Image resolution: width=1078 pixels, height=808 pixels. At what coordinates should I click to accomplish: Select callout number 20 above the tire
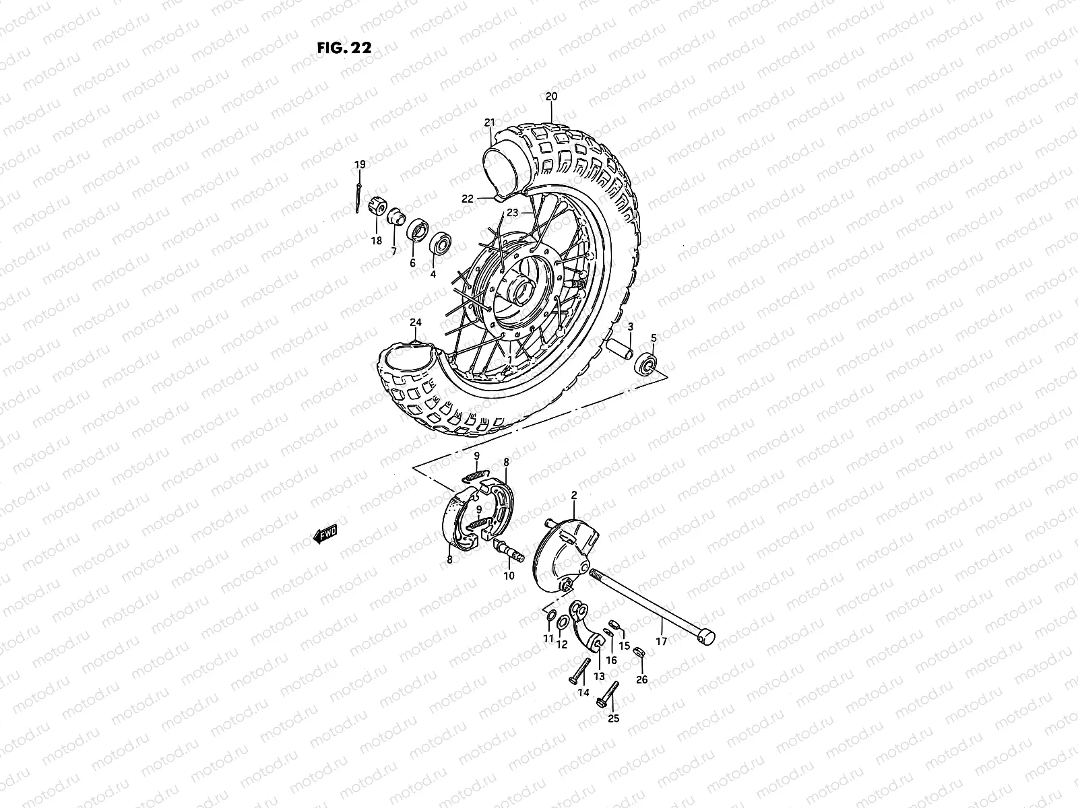point(551,97)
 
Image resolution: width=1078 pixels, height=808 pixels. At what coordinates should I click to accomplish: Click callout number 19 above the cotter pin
point(360,164)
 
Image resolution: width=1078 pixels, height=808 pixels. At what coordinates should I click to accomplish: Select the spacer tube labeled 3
point(621,351)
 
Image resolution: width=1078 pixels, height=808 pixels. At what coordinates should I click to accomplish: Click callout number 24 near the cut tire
point(415,323)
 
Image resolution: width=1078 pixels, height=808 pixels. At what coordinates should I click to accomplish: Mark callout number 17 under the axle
point(661,641)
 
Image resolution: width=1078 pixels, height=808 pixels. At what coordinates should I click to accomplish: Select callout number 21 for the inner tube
point(508,123)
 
